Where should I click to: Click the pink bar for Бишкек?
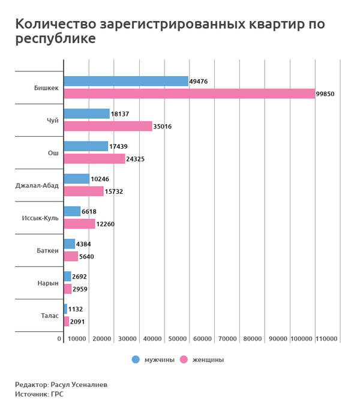point(189,94)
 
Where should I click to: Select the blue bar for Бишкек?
point(126,81)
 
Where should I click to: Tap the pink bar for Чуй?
point(108,126)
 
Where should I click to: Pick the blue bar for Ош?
point(86,146)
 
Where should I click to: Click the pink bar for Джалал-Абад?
point(83,191)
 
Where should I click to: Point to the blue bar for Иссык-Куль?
point(72,211)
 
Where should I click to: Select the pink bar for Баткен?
point(71,256)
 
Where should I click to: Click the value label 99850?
point(325,94)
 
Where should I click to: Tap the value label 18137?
point(120,114)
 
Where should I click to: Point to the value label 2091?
point(77,322)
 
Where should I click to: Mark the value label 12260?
point(105,224)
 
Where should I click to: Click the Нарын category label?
point(49,283)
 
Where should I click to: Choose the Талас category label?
point(49,315)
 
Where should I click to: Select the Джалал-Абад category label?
point(37,185)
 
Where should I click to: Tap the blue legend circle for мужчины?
point(136,359)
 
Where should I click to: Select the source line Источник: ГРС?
point(39,394)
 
